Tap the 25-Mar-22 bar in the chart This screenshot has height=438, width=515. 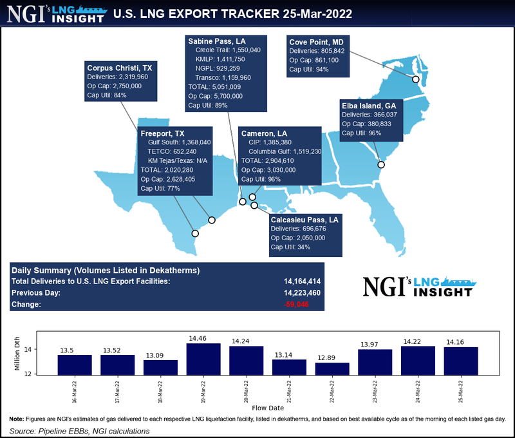coord(461,360)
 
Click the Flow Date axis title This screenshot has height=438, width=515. coord(268,408)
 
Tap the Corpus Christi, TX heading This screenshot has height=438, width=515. coord(120,66)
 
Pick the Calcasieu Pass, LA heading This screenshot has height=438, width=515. coord(304,220)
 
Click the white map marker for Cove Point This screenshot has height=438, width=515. coord(416,79)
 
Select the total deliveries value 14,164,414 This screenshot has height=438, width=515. coord(303,281)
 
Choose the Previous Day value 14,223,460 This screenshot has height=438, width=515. coord(303,292)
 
